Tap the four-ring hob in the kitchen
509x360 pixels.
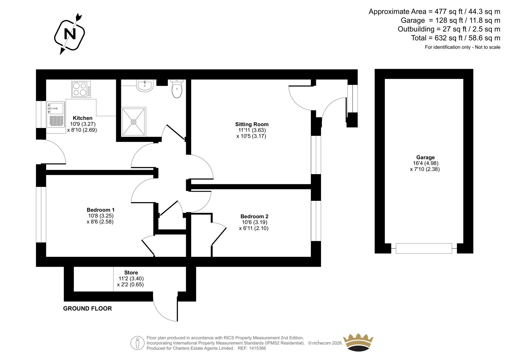pyautogui.click(x=81, y=89)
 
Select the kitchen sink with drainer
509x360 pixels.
pyautogui.click(x=56, y=114)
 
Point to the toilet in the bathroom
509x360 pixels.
pyautogui.click(x=177, y=89)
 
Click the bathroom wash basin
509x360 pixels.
pyautogui.click(x=145, y=86)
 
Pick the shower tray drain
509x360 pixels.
pyautogui.click(x=133, y=122)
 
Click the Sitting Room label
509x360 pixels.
pyautogui.click(x=252, y=124)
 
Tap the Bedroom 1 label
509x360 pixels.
pyautogui.click(x=101, y=210)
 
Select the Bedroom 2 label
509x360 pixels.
pyautogui.click(x=254, y=216)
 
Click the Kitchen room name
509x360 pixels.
pyautogui.click(x=82, y=118)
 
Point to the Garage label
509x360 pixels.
pyautogui.click(x=425, y=157)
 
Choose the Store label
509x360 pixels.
pyautogui.click(x=131, y=272)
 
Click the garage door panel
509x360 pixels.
pyautogui.click(x=424, y=248)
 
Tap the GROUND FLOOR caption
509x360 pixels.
pyautogui.click(x=87, y=308)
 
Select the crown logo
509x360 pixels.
pyautogui.click(x=358, y=342)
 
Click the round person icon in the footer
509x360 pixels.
pyautogui.click(x=137, y=343)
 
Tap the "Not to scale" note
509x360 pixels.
pyautogui.click(x=487, y=47)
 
